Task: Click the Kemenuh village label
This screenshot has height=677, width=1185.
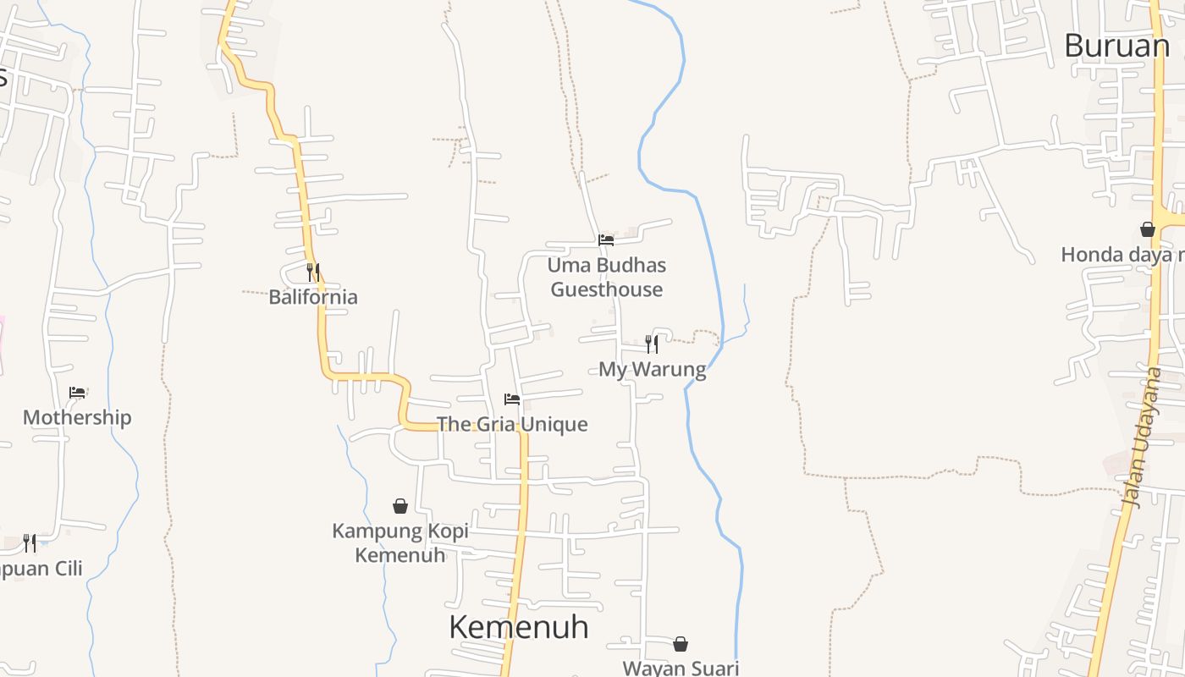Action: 518,628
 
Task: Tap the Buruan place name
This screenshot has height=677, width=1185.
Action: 1116,46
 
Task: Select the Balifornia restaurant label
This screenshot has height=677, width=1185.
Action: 313,297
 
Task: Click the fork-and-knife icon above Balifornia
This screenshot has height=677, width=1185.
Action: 313,272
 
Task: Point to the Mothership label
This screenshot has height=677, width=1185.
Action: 77,417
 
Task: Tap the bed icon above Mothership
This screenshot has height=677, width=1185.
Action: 77,393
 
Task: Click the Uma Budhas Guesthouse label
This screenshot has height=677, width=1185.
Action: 606,278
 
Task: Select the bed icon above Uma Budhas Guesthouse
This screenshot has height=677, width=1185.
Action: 606,240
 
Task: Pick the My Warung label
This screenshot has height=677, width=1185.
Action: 652,369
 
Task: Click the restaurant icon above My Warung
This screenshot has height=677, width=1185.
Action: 652,344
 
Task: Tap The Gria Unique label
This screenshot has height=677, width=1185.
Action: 512,424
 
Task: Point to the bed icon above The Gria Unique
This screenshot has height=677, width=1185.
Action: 512,399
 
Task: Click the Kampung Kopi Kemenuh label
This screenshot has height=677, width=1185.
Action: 400,542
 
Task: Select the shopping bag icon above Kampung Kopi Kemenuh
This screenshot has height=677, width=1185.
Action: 400,506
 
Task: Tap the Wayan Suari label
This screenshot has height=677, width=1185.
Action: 681,668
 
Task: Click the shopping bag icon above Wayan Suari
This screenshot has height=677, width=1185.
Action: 681,645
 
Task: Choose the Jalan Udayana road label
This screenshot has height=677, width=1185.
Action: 1144,438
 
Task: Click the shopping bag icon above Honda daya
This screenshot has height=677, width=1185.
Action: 1148,229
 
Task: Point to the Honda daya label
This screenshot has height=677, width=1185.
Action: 1122,255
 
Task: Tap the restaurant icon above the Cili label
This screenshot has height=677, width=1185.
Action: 30,542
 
